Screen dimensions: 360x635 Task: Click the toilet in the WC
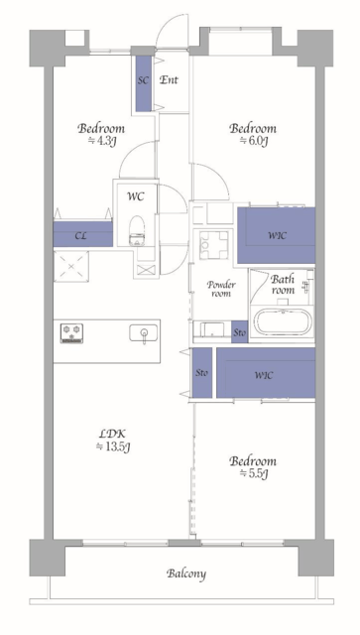137,230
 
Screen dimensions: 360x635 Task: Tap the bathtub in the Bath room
282,322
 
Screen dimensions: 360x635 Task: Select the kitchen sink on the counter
144,333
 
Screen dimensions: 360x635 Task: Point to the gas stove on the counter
71,333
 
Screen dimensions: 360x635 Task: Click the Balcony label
186,573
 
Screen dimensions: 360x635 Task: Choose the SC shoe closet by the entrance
144,83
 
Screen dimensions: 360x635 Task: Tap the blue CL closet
83,234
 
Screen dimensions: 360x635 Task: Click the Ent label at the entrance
168,80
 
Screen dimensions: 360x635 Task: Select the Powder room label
221,289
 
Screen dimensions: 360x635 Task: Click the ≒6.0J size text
253,141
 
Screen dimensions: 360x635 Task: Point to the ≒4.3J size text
101,141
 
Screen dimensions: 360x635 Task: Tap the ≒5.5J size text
253,473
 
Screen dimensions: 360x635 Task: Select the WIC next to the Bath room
276,235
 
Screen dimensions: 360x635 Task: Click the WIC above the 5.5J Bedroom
266,373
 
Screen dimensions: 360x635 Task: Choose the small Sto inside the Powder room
239,332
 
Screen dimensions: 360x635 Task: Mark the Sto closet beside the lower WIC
201,373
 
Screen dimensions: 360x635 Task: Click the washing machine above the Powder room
211,245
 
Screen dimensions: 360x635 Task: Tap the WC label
136,196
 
